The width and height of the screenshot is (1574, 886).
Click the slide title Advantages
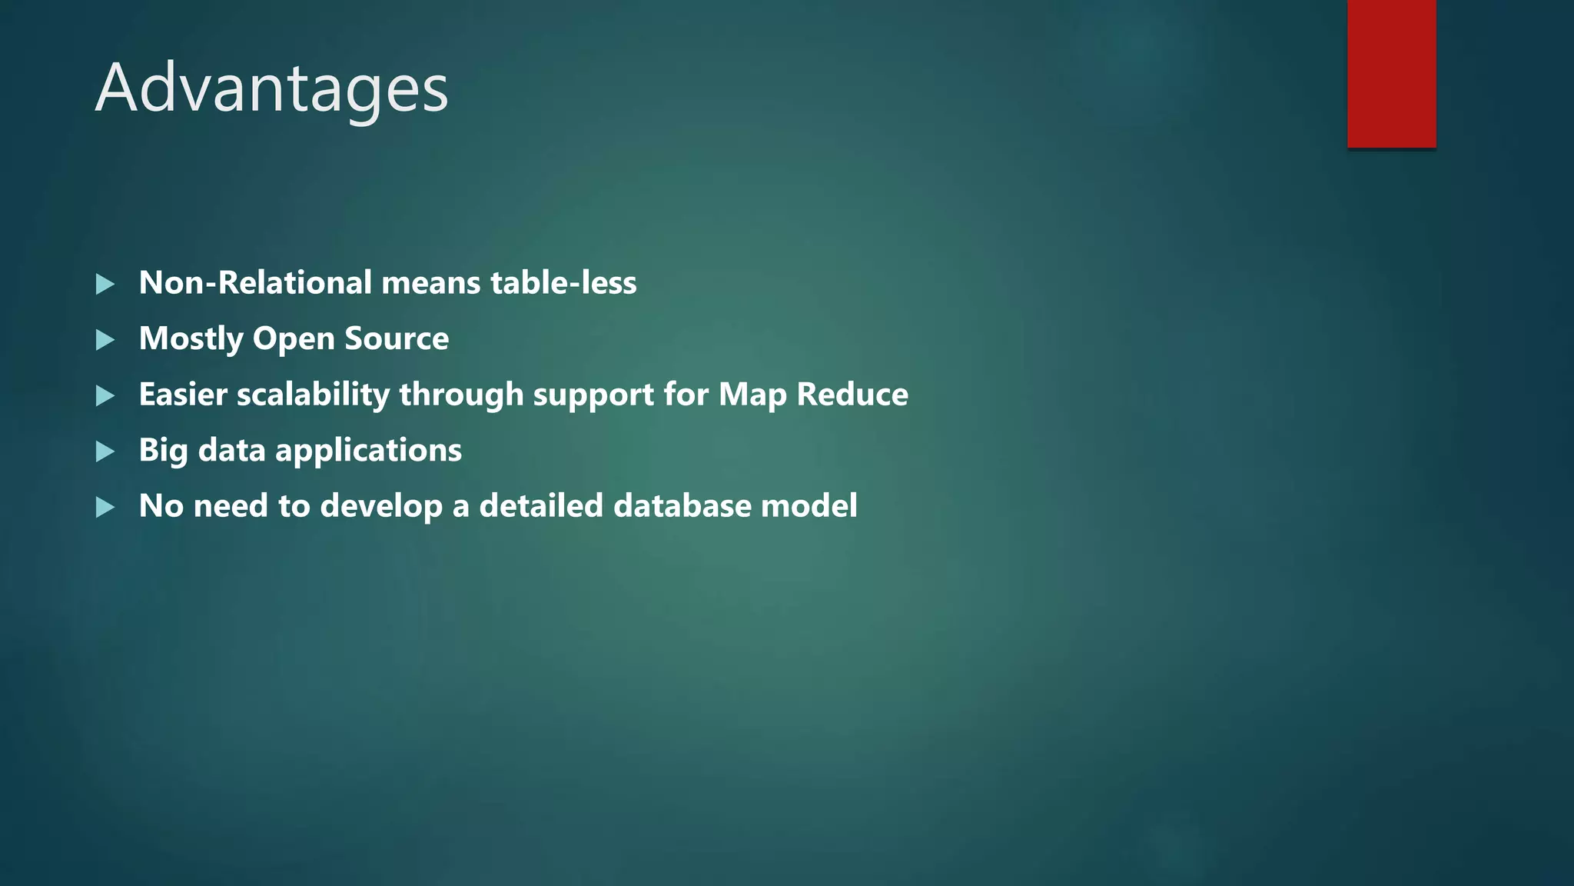[x=271, y=88]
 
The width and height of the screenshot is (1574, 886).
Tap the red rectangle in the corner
[x=1391, y=74]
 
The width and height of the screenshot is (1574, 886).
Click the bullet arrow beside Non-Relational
[x=105, y=285]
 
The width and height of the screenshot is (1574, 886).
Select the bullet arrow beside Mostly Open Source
[x=105, y=340]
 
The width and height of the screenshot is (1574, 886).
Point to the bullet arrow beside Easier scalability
[x=105, y=396]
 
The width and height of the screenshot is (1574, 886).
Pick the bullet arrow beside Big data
[x=105, y=451]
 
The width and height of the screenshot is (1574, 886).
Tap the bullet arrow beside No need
[x=105, y=508]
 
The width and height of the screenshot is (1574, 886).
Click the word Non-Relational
[x=256, y=283]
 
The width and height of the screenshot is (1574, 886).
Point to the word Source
[x=397, y=339]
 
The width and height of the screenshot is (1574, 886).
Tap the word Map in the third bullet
[x=752, y=395]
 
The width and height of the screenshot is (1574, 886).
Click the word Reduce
[x=852, y=395]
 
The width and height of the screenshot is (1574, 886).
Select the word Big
[x=163, y=451]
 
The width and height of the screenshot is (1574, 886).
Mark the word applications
[x=368, y=451]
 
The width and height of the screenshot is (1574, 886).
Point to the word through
[x=461, y=395]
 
